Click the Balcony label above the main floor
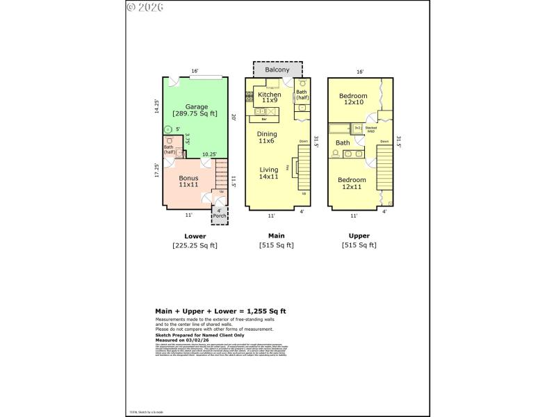pyautogui.click(x=278, y=69)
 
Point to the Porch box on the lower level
pyautogui.click(x=220, y=213)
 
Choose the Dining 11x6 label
pyautogui.click(x=267, y=137)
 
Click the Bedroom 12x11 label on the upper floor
pyautogui.click(x=352, y=183)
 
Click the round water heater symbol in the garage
pyautogui.click(x=167, y=130)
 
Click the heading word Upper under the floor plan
pyautogui.click(x=359, y=236)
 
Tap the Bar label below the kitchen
pyautogui.click(x=265, y=120)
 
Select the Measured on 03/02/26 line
pyautogui.click(x=182, y=339)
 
